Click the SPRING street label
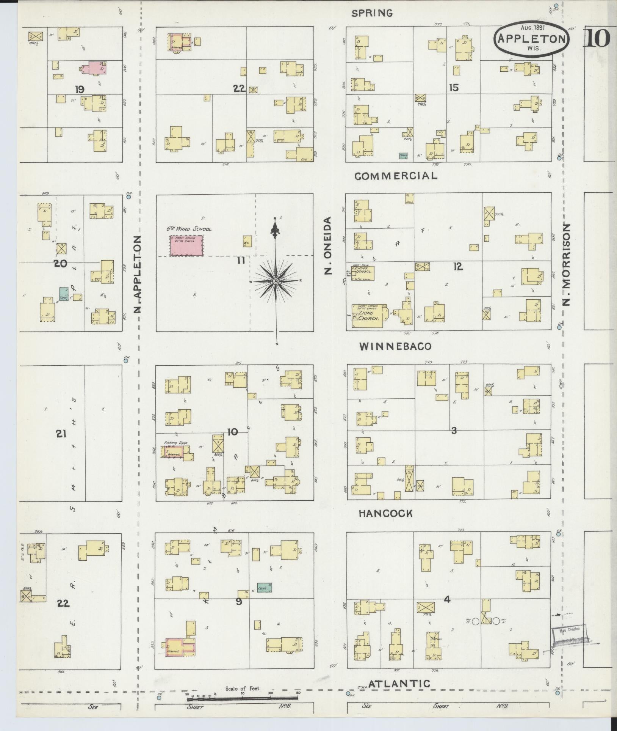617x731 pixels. [372, 13]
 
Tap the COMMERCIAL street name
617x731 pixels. [396, 176]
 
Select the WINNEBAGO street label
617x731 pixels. [395, 346]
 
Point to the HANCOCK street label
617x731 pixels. [385, 513]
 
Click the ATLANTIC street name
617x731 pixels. [399, 684]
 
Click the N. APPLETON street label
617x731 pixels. [138, 274]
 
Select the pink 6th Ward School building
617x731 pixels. [186, 245]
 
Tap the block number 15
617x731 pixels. [454, 88]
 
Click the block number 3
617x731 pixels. [454, 430]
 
